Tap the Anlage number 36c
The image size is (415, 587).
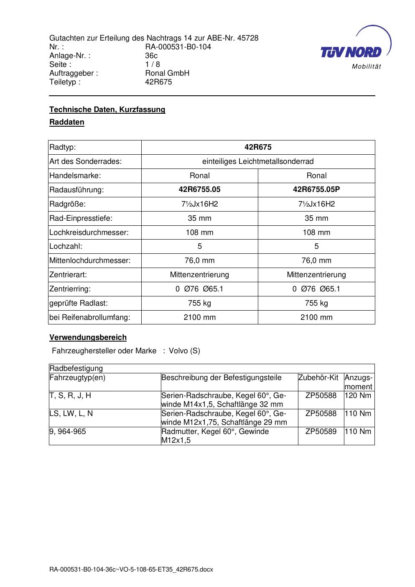point(151,56)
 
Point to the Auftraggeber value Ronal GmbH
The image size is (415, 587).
point(167,73)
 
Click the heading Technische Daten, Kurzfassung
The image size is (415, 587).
point(107,110)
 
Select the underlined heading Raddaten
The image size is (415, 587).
point(67,123)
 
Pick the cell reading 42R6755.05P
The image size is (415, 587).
point(316,189)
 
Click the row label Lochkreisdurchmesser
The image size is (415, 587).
point(89,232)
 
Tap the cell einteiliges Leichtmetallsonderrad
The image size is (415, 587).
point(258,161)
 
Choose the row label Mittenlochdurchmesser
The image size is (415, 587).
point(90,260)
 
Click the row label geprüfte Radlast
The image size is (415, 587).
point(79,303)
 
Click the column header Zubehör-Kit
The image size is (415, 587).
point(318,378)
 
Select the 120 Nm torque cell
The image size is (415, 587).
point(358,396)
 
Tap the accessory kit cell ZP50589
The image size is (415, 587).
point(321,431)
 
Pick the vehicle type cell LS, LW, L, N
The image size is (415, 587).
point(71,413)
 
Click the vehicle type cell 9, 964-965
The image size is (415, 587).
point(68,431)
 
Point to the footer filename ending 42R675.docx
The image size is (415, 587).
point(131,569)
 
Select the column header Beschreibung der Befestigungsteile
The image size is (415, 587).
point(222,378)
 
